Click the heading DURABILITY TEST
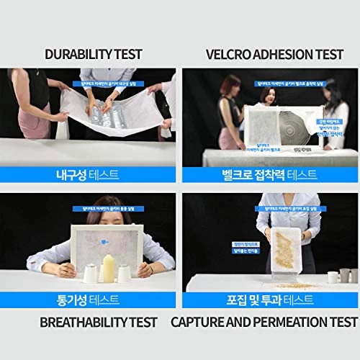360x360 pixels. tap(94, 55)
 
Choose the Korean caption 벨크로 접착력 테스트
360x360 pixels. tap(268, 174)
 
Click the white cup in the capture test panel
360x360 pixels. tap(333, 275)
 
